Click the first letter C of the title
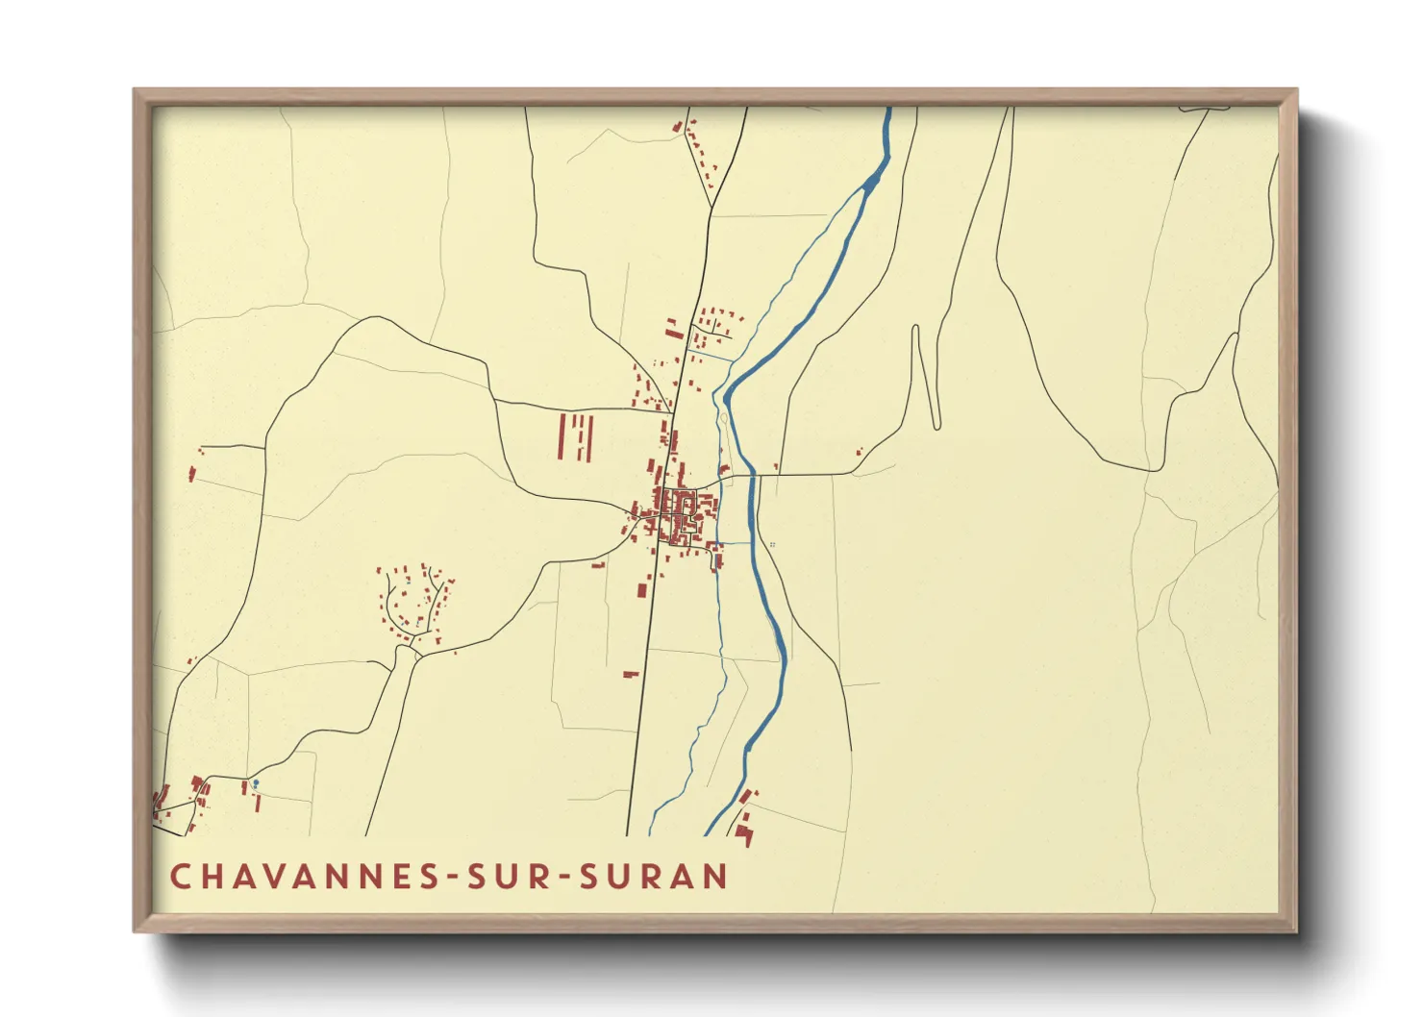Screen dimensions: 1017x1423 (180, 877)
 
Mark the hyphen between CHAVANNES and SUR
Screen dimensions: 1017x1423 (449, 878)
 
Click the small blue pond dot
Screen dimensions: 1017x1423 (255, 783)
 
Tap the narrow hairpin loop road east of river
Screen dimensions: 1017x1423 (925, 380)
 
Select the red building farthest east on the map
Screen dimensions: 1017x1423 (860, 450)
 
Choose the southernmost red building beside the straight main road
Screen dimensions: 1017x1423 (631, 674)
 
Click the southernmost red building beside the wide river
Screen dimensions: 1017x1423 (745, 835)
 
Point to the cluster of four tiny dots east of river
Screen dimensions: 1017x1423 (772, 545)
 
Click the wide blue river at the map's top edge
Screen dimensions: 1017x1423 (888, 113)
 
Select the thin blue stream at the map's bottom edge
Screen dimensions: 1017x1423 (653, 829)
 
